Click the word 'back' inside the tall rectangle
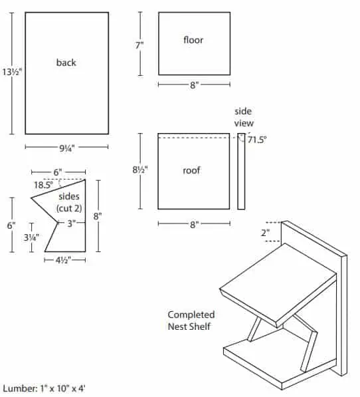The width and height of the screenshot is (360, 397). click(x=66, y=63)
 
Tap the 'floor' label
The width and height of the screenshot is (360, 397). click(x=193, y=40)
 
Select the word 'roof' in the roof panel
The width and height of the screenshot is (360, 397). click(x=191, y=170)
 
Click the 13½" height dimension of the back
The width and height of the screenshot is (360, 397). click(x=12, y=72)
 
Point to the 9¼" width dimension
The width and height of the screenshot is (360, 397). click(x=67, y=148)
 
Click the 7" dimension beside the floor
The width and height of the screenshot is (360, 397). click(x=139, y=45)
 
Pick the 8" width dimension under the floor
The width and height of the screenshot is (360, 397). click(x=195, y=85)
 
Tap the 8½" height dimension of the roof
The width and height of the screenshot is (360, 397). click(x=140, y=170)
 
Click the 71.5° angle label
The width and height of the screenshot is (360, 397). click(x=257, y=140)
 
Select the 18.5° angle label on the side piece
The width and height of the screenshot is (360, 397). click(x=44, y=185)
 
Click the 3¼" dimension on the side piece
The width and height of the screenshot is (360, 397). click(x=31, y=237)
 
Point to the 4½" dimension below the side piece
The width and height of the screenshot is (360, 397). click(x=63, y=260)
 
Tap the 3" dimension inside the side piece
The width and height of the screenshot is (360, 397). click(x=72, y=223)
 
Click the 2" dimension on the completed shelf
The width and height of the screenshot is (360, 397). click(x=265, y=233)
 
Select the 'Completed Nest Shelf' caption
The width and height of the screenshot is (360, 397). click(x=191, y=321)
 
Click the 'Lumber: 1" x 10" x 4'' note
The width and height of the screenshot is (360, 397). click(x=44, y=388)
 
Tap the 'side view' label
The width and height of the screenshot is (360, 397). click(x=244, y=117)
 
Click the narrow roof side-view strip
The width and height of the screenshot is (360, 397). click(x=241, y=172)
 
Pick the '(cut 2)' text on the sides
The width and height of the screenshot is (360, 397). click(x=69, y=208)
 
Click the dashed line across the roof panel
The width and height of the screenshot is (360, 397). click(x=194, y=138)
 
